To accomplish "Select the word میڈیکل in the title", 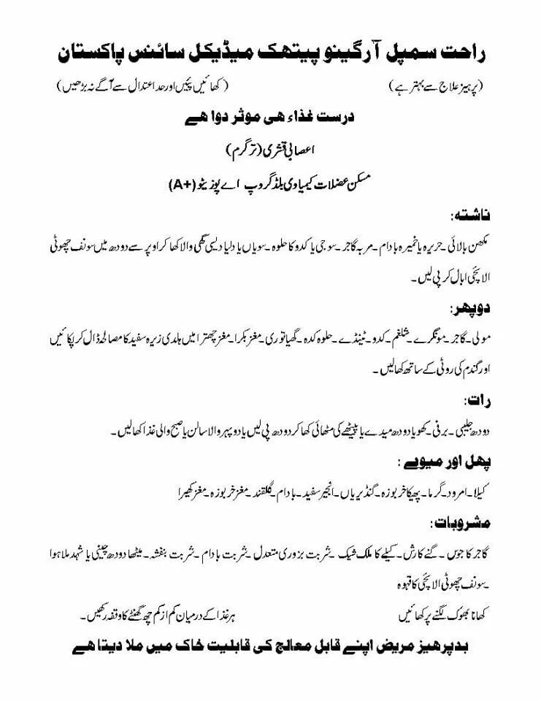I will [x=241, y=53].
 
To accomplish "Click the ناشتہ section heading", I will [x=474, y=215].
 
